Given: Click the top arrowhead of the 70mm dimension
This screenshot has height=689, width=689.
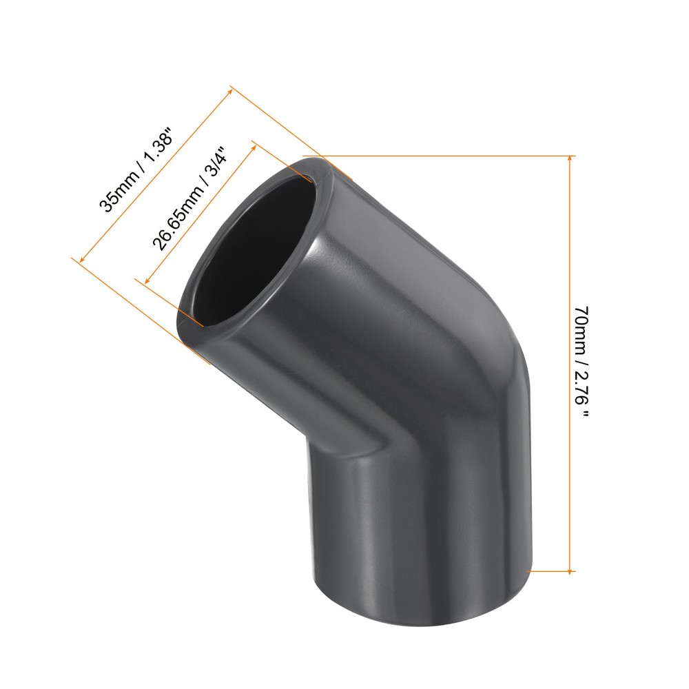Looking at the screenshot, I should pos(570,159).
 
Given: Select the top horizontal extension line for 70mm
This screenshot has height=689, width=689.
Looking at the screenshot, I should pos(448,155).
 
